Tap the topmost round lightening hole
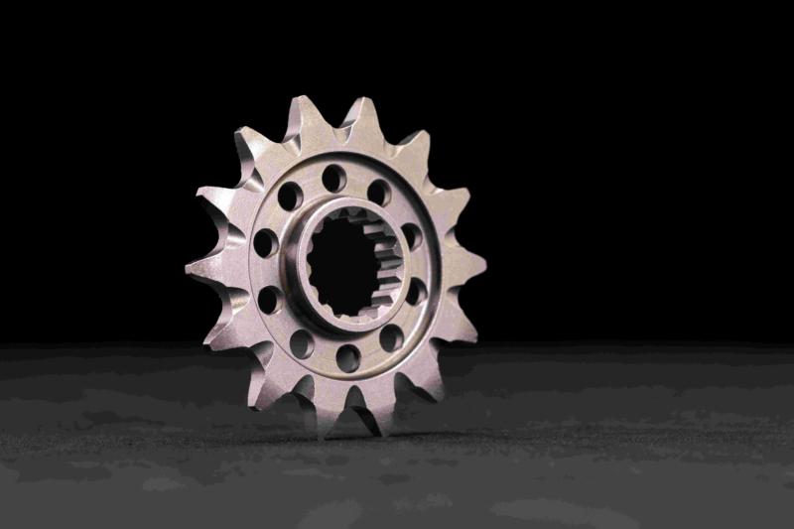pos(333,179)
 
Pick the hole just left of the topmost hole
pos(290,196)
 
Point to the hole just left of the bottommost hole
pos(302,343)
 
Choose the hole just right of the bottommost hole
pos(391,337)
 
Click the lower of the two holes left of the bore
pos(269,299)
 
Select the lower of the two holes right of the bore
pos(416,291)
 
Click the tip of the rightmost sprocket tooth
pos(484,265)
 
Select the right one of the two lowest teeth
pos(381,430)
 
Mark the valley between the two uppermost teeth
pos(332,129)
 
